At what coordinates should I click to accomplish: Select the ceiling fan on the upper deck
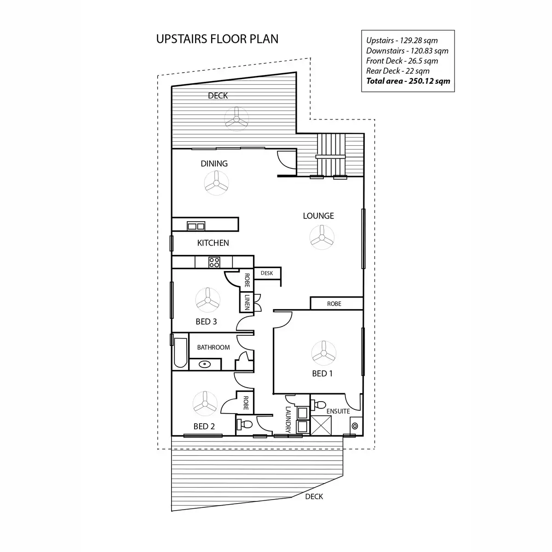click(x=237, y=119)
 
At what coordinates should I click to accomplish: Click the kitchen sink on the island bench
click(x=196, y=226)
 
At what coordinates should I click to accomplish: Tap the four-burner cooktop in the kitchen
click(x=214, y=262)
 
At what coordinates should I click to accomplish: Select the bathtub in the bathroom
click(x=180, y=353)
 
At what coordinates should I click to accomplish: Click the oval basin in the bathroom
click(x=204, y=364)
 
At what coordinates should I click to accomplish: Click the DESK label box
click(x=267, y=273)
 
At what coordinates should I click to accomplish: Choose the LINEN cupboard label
click(x=247, y=302)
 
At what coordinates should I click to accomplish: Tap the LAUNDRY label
click(x=288, y=419)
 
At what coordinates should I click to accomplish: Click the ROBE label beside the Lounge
click(x=334, y=304)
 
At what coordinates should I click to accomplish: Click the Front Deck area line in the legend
click(x=402, y=61)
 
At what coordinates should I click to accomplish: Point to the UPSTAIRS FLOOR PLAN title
click(x=217, y=39)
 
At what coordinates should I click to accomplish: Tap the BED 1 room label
click(x=322, y=374)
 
